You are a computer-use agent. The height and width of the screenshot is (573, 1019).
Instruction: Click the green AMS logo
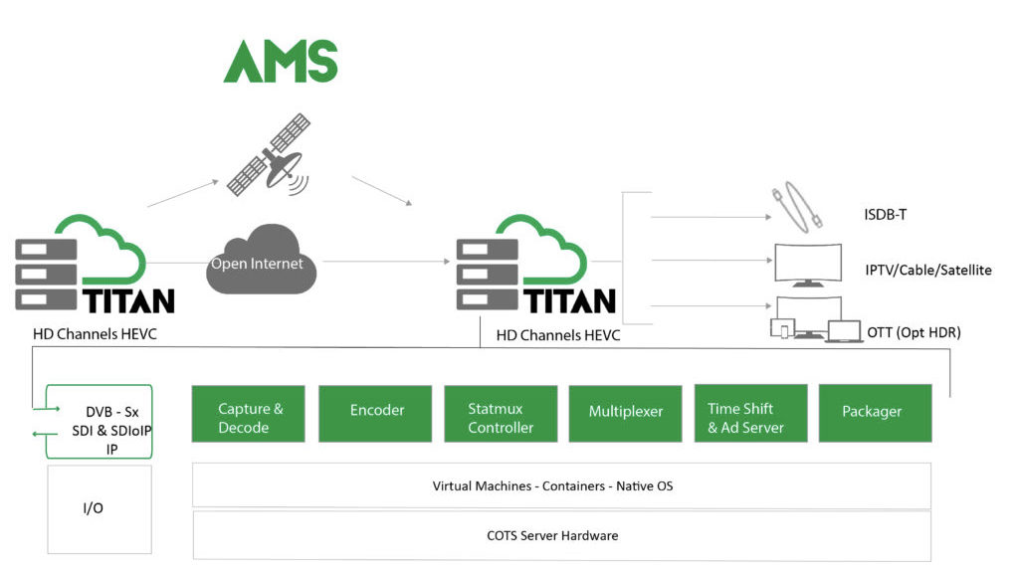(x=281, y=62)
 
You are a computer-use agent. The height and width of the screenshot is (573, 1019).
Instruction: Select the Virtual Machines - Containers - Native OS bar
(x=561, y=486)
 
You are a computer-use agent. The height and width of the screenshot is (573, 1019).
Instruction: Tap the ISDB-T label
(x=886, y=215)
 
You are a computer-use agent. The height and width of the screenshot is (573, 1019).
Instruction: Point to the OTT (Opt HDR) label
(x=914, y=332)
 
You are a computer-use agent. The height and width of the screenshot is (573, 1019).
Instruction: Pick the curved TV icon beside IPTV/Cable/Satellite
(x=807, y=265)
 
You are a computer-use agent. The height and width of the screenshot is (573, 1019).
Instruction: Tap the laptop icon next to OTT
(x=844, y=331)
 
